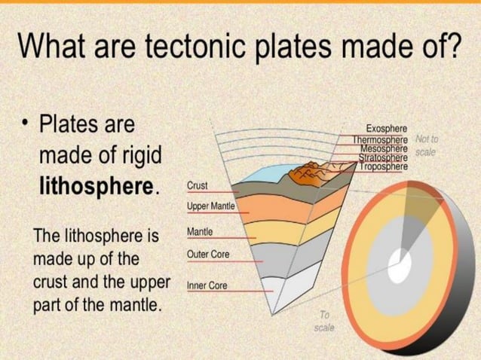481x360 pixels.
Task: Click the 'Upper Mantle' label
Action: [211, 205]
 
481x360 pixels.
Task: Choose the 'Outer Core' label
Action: [207, 255]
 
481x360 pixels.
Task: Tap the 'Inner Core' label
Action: [206, 286]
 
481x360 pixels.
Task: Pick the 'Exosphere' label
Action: [387, 130]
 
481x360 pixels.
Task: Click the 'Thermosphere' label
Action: [381, 139]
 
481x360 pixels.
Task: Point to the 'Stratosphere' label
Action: [383, 157]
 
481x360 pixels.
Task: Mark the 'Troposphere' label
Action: [384, 166]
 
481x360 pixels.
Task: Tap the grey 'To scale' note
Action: [325, 322]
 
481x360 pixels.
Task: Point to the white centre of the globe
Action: [400, 262]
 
